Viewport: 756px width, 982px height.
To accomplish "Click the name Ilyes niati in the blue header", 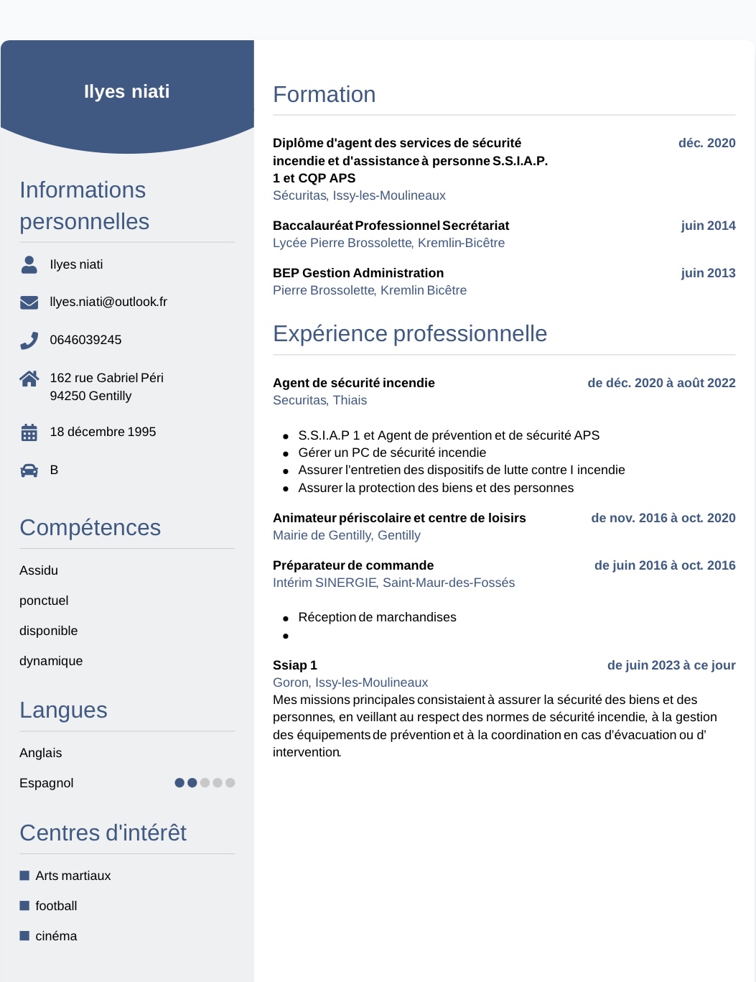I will coord(127,92).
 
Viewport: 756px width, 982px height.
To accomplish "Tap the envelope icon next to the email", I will coord(29,302).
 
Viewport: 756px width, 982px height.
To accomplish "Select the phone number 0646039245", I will coord(85,340).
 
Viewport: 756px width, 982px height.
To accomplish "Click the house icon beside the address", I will coord(29,379).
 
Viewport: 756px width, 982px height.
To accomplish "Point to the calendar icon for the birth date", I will coord(29,432).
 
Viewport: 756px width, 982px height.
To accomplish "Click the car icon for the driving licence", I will coord(29,471).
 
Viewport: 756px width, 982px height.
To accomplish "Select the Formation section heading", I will coord(324,95).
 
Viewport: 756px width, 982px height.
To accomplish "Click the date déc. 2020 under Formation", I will coord(706,143).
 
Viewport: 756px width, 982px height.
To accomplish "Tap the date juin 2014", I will coord(708,226).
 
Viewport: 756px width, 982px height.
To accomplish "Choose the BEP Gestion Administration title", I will coord(358,273).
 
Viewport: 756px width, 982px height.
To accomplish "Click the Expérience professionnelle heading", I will coord(409,334).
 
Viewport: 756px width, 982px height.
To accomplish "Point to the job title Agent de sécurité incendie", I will coord(353,383).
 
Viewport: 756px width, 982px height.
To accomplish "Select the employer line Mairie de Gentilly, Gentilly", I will coord(346,535).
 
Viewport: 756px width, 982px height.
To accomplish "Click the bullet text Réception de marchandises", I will coord(377,617).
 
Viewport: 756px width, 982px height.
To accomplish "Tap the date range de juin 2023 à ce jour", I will coord(671,665).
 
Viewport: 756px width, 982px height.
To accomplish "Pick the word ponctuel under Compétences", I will coord(44,601).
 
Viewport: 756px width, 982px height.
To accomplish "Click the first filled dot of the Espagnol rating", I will coord(179,783).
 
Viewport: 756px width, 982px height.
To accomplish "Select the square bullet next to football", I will coord(24,906).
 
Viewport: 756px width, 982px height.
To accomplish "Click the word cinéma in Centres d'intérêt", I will coord(56,936).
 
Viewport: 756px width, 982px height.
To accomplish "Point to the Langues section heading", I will coord(63,710).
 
